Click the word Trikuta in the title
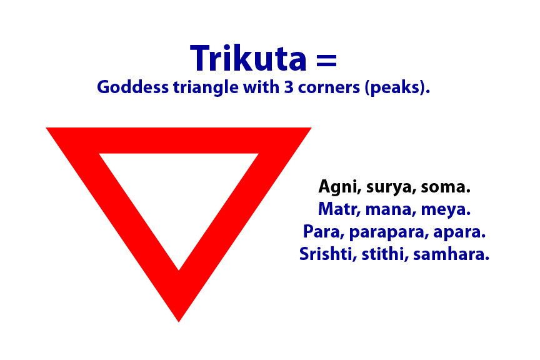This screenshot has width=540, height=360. [249, 58]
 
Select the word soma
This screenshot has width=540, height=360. [445, 187]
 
